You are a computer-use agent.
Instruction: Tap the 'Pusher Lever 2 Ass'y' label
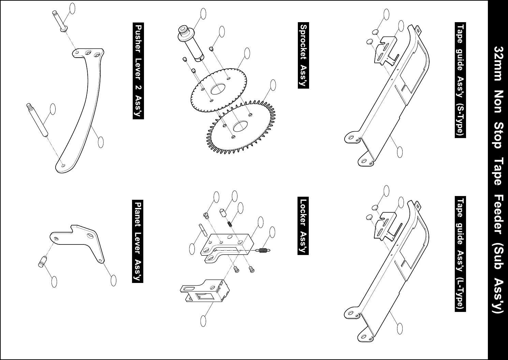click(x=138, y=71)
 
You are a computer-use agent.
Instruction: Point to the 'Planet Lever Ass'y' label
click(x=138, y=241)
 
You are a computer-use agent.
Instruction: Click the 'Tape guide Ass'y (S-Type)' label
click(x=460, y=80)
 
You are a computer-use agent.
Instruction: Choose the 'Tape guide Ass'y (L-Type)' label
click(x=460, y=254)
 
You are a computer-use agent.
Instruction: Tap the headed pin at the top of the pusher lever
click(x=59, y=21)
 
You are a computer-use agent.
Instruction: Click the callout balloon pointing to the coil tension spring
click(x=272, y=232)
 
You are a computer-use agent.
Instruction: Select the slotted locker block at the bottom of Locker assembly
click(x=203, y=291)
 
